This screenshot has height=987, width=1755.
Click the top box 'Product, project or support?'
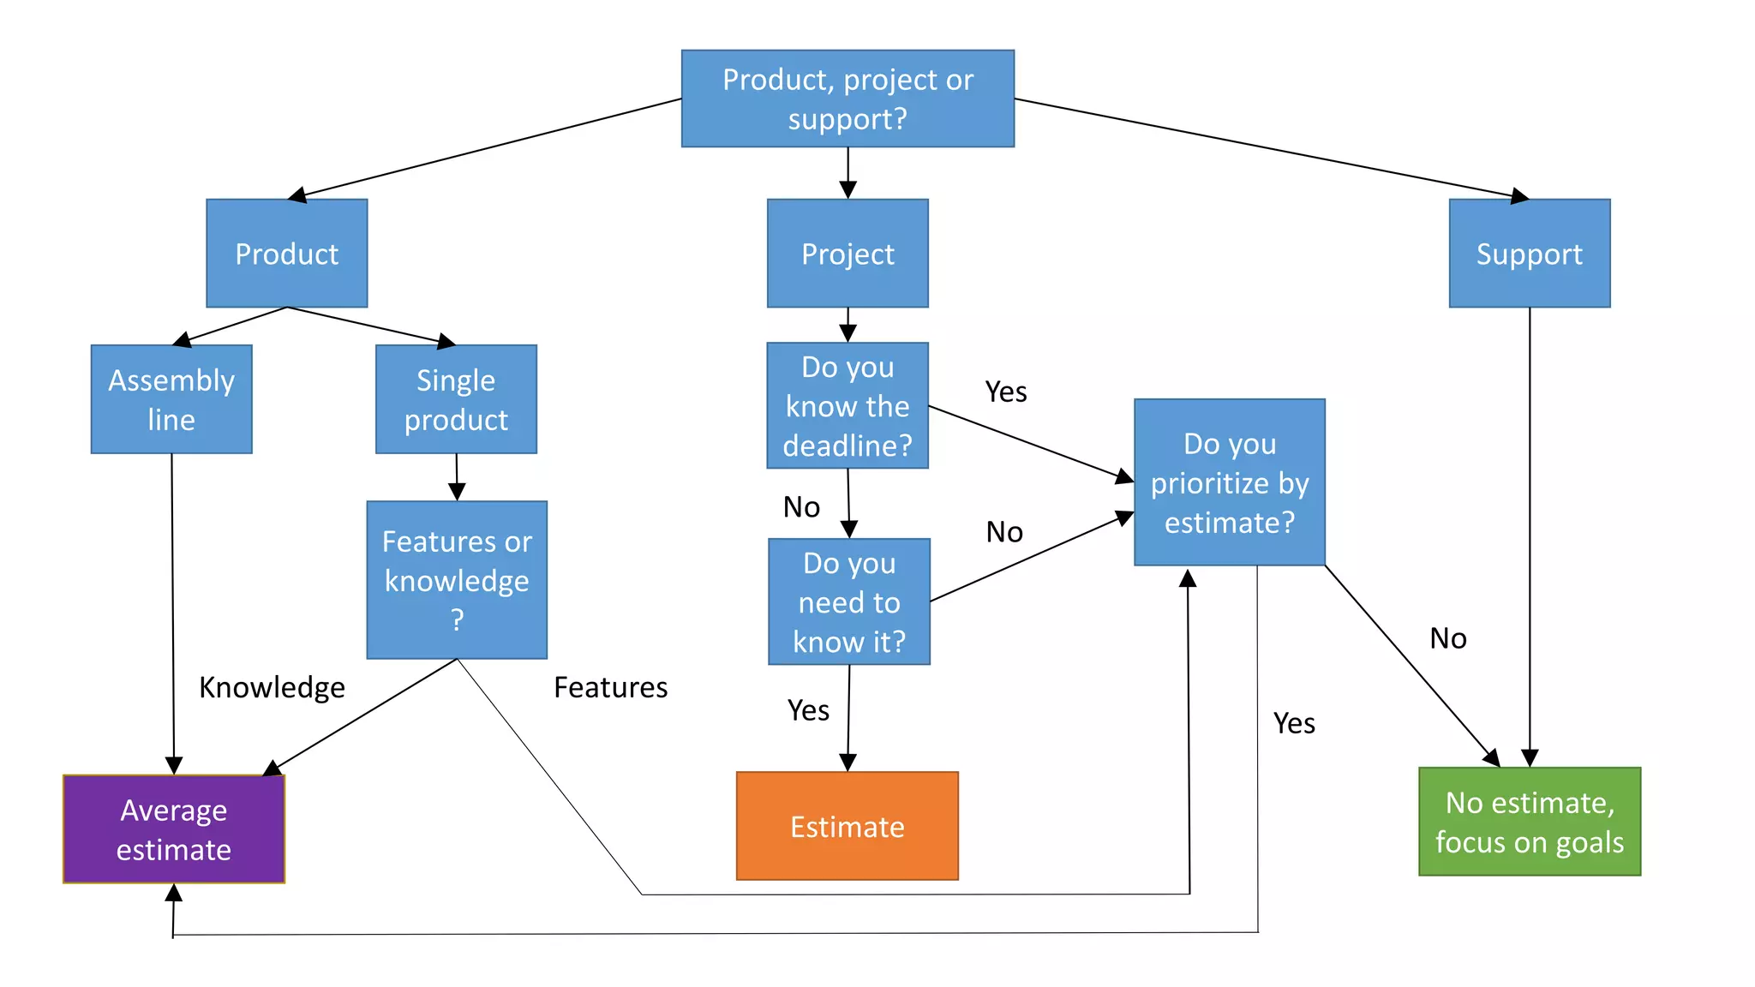coord(848,99)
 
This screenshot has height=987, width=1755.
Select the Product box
coord(286,254)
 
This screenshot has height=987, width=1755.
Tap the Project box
coord(848,254)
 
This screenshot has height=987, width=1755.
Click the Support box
coord(1529,254)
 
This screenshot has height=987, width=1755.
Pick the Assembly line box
coord(171,399)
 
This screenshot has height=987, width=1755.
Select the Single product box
coord(456,399)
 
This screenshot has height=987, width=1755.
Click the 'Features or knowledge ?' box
coord(457,580)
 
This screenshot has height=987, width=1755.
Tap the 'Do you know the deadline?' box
coord(848,406)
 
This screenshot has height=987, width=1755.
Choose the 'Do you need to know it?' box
coord(848,601)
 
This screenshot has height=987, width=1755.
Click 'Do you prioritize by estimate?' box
coord(1229,482)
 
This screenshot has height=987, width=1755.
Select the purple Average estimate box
coord(174,829)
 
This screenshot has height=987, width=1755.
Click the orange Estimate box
coord(847,826)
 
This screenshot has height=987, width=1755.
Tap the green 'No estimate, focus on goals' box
coord(1529,822)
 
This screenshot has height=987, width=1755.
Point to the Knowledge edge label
coord(272,687)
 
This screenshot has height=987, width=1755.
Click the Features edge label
coord(610,687)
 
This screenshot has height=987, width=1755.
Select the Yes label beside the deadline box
coord(1005,392)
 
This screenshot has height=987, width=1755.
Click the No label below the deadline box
coord(801,507)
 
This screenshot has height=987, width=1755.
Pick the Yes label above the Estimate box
coord(808,710)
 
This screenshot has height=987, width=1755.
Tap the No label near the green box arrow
coord(1447,638)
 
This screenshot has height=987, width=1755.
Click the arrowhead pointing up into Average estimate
coord(174,894)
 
